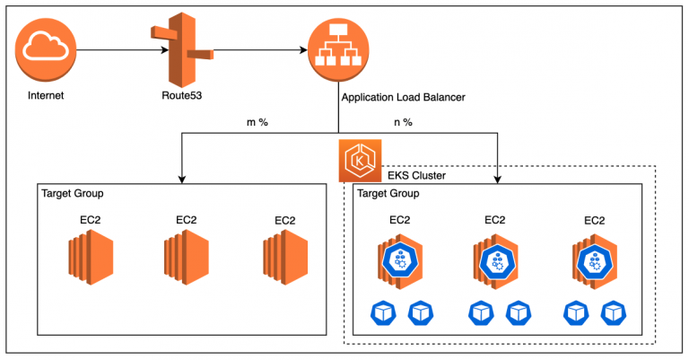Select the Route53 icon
(184, 50)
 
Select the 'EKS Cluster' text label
(415, 176)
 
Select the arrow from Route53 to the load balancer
(260, 51)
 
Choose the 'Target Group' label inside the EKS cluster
(388, 194)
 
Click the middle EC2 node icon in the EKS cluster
(494, 260)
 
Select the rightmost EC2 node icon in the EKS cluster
(594, 260)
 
